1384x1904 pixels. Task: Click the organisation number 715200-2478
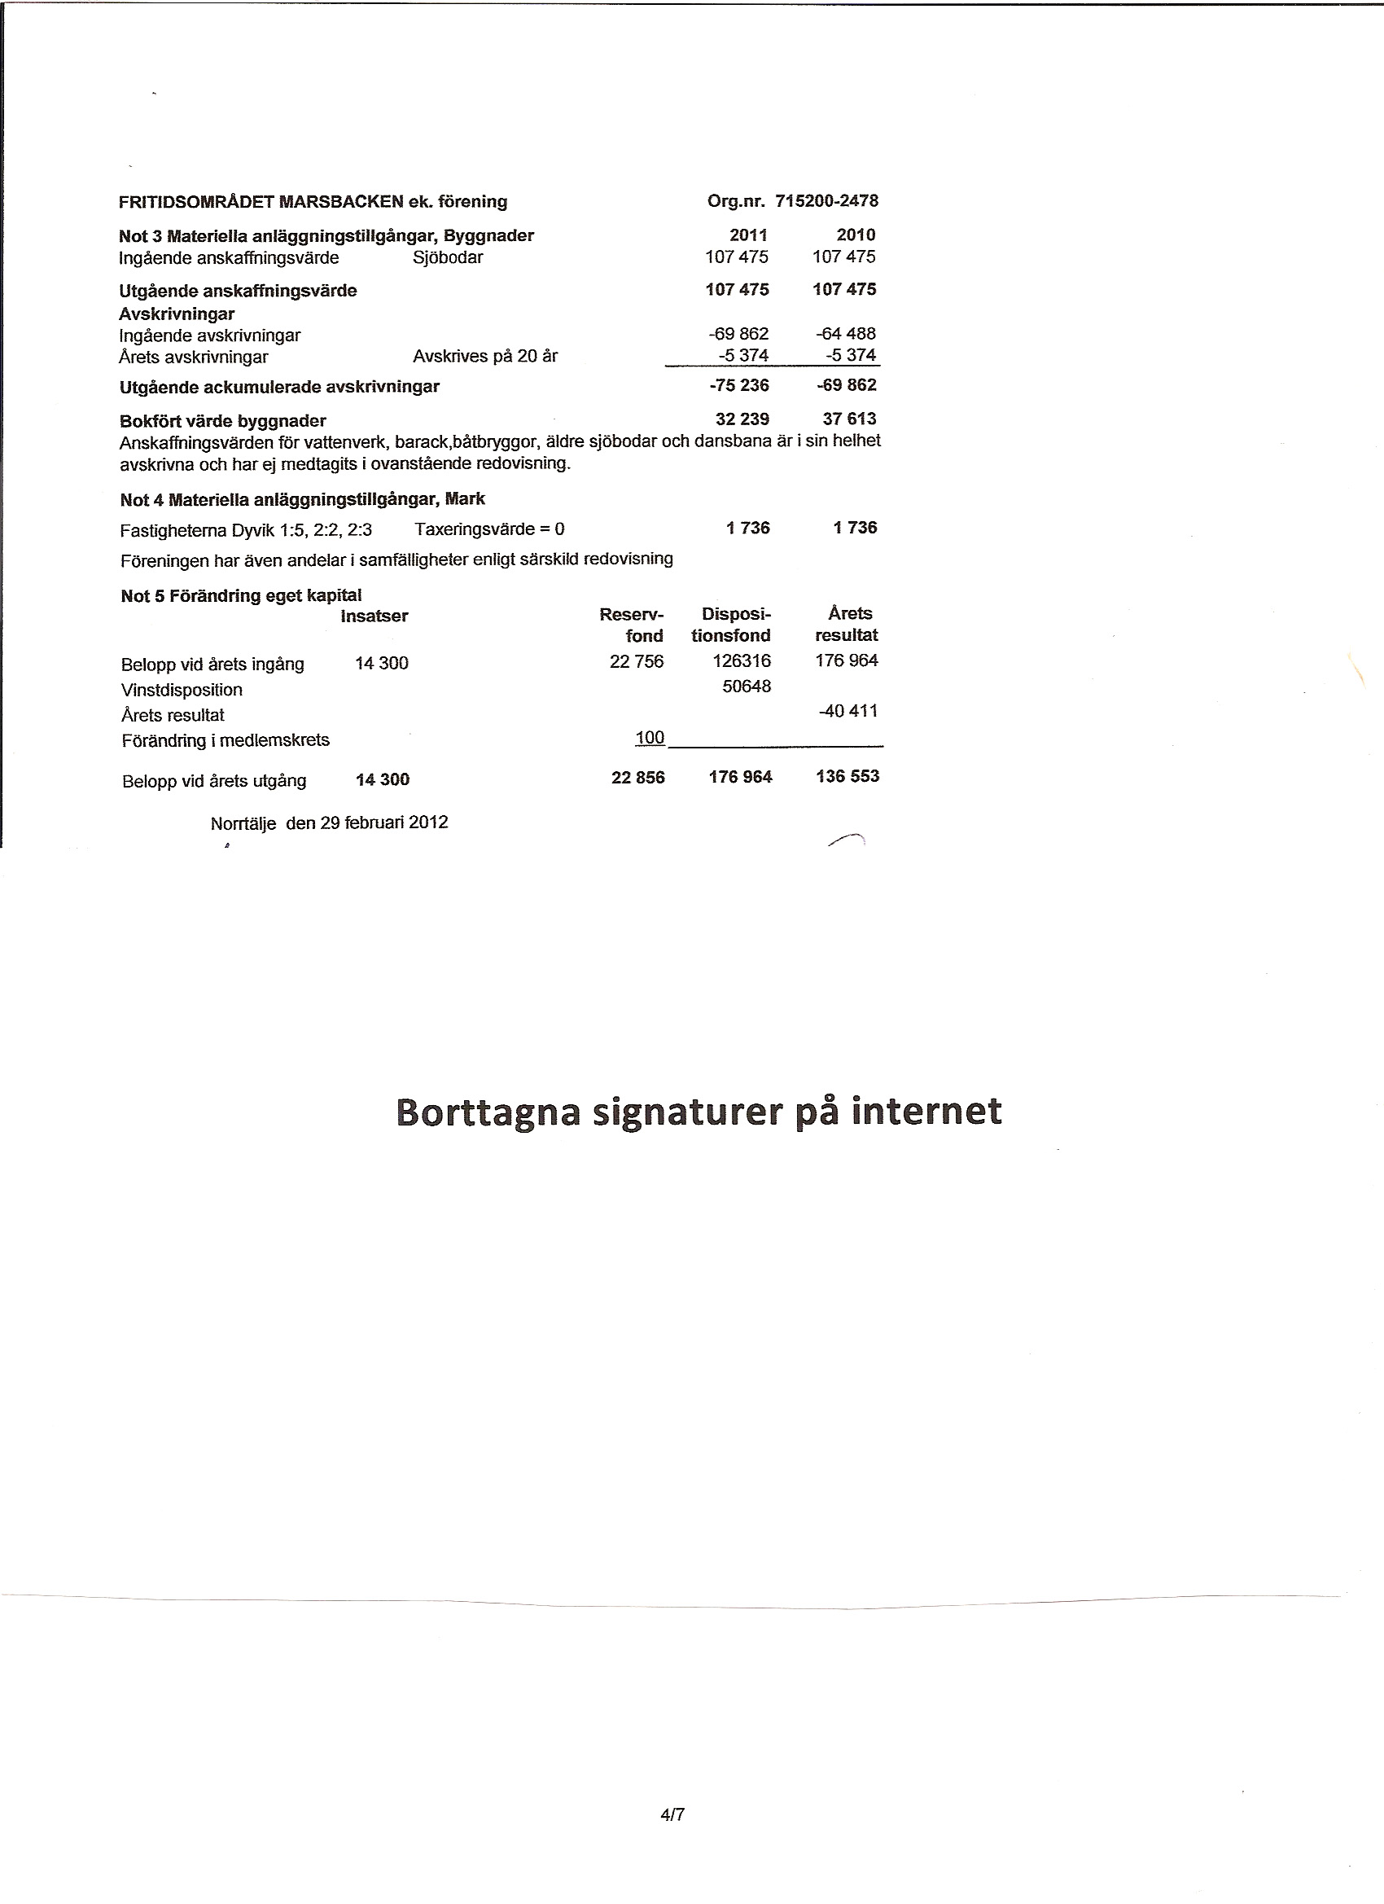(x=826, y=201)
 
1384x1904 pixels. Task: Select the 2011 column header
(x=749, y=235)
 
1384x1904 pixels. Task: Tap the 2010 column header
(x=856, y=235)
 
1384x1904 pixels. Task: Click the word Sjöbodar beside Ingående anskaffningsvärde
(x=449, y=257)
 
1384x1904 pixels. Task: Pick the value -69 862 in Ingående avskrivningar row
(x=738, y=334)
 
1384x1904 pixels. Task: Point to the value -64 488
(x=846, y=334)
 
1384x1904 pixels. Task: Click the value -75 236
(x=739, y=385)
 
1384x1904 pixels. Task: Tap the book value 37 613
(x=849, y=419)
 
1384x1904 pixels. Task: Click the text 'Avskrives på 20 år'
(x=485, y=357)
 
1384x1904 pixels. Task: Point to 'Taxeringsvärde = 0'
(x=489, y=529)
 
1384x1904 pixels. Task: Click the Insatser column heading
(x=374, y=616)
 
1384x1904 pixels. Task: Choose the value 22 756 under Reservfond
(x=636, y=661)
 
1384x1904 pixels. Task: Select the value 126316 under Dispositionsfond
(x=741, y=661)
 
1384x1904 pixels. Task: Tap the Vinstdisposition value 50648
(x=746, y=687)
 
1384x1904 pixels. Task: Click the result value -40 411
(x=847, y=711)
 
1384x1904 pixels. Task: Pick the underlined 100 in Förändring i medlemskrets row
(x=650, y=738)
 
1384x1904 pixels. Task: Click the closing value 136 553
(x=847, y=777)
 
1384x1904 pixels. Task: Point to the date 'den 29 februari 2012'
(x=367, y=823)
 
